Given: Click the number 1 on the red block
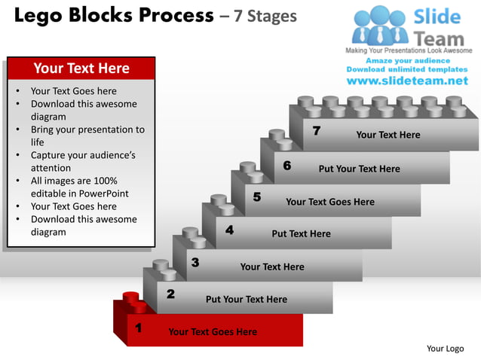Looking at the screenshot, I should pos(138,328).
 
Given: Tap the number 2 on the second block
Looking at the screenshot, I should pos(170,294).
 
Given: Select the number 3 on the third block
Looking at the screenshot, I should pos(195,262).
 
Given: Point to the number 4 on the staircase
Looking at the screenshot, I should pos(229,230).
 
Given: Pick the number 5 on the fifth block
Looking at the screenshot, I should pos(257,197).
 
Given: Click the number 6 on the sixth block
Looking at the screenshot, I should pos(287,165).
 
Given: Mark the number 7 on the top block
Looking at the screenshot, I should pos(317,131).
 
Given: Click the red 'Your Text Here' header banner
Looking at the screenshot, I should pos(81,69).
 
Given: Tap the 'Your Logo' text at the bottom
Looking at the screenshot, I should pos(445,348).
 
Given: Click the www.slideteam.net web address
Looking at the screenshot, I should pos(407,81).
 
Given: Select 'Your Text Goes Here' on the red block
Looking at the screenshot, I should pos(213,331).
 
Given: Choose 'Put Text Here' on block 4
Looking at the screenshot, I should pos(301,233).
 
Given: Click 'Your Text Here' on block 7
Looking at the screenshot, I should pos(388,135).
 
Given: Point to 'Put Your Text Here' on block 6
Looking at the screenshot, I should pos(359,169).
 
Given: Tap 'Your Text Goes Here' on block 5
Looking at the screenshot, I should pos(330,202).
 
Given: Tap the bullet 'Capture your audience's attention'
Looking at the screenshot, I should pos(83,162).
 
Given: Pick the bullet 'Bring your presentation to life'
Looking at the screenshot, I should pos(87,136).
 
